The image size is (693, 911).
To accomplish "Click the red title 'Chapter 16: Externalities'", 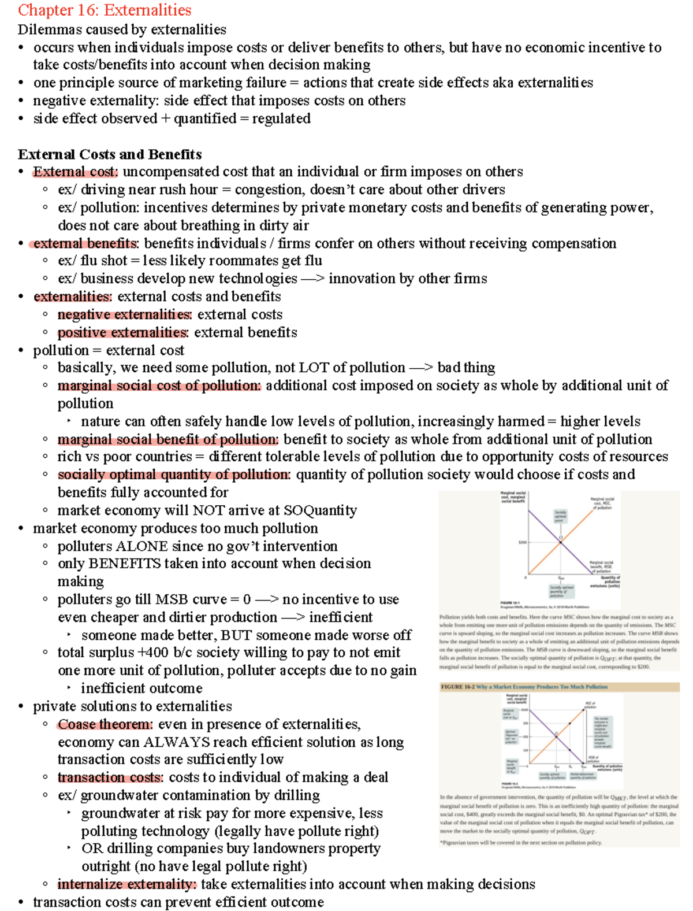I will pos(105,10).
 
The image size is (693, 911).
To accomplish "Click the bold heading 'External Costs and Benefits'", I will pos(110,154).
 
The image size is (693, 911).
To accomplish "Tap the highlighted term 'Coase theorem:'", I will pos(105,724).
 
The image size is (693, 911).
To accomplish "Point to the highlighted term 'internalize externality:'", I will pos(127,884).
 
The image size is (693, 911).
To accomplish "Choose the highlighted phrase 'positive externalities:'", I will pos(123,332).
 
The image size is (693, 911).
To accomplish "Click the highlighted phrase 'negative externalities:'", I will pos(124,314).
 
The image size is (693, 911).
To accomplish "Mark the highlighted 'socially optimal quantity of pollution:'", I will pos(174,475).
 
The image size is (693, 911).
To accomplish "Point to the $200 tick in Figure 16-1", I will pos(522,542).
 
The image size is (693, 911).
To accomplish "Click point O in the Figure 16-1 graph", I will pos(560,538).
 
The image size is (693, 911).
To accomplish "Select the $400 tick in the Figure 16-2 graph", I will pos(524,709).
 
